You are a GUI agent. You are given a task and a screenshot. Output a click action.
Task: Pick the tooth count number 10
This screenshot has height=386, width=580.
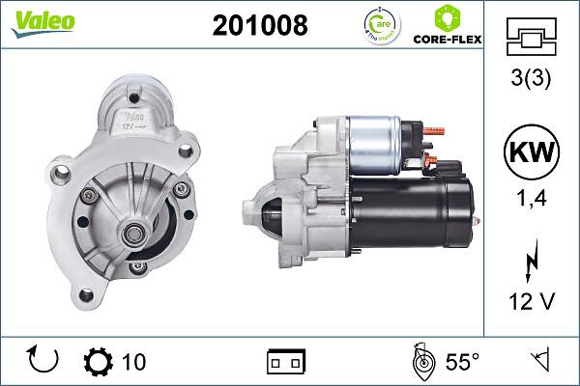tap(134, 362)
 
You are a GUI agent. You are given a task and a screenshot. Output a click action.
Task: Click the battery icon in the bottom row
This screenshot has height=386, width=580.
tap(285, 362)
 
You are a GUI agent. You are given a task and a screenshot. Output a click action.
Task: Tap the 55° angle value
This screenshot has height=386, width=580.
tap(462, 362)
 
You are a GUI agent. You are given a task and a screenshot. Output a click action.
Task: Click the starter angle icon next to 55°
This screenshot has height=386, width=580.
tap(421, 361)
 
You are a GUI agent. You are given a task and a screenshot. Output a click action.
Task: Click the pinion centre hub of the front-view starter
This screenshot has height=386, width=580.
tap(132, 231)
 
